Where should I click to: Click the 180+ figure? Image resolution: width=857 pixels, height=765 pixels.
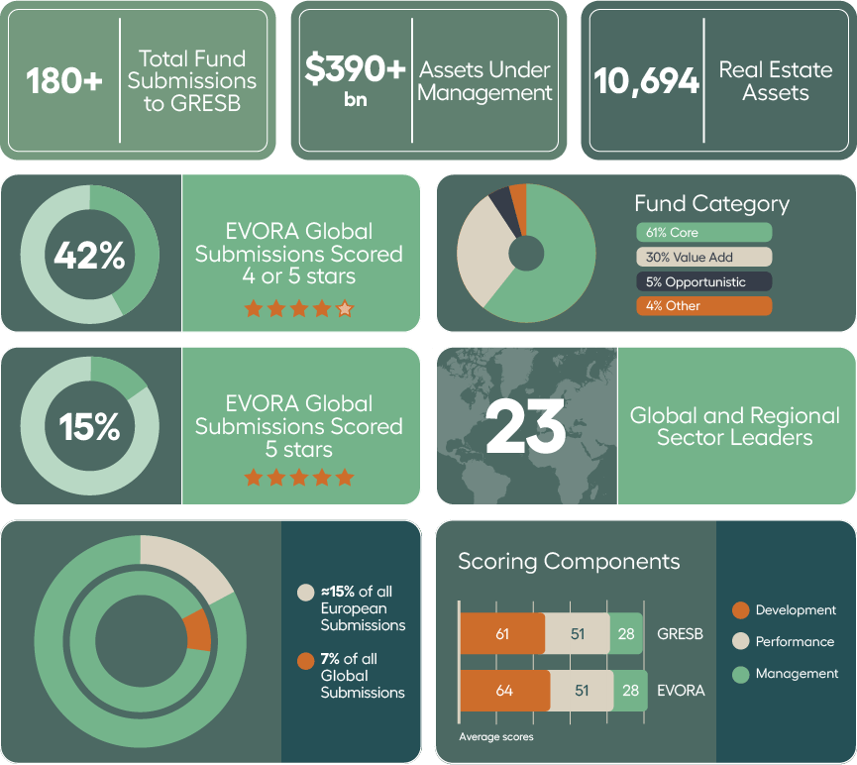(64, 81)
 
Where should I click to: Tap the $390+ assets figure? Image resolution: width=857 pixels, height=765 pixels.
(355, 69)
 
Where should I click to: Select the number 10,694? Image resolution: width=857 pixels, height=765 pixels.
(647, 81)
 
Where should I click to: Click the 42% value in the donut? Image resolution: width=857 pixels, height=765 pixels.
(89, 256)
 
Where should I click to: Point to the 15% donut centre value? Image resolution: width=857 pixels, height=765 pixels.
(89, 427)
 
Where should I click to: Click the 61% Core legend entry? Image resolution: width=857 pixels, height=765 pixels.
(703, 233)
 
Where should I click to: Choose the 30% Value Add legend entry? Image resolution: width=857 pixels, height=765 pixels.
(703, 257)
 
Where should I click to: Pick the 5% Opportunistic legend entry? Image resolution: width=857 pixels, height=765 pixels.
(703, 281)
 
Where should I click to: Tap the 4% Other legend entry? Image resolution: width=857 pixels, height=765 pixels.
(703, 306)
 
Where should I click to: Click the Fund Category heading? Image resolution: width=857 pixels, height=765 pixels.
(711, 204)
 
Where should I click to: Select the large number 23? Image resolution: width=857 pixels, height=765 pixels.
(526, 427)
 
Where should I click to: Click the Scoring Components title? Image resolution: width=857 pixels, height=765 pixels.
(569, 562)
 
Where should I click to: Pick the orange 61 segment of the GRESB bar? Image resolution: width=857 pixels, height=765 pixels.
(502, 634)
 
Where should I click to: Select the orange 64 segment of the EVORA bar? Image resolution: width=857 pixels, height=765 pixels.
(504, 691)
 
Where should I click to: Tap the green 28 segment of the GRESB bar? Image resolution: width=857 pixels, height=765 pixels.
(626, 634)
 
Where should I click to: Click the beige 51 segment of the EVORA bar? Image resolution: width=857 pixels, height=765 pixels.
(582, 691)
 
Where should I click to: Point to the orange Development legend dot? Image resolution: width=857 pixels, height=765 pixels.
(740, 610)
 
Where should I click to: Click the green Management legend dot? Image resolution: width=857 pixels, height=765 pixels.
(740, 674)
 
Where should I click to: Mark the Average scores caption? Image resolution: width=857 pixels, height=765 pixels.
(496, 737)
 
